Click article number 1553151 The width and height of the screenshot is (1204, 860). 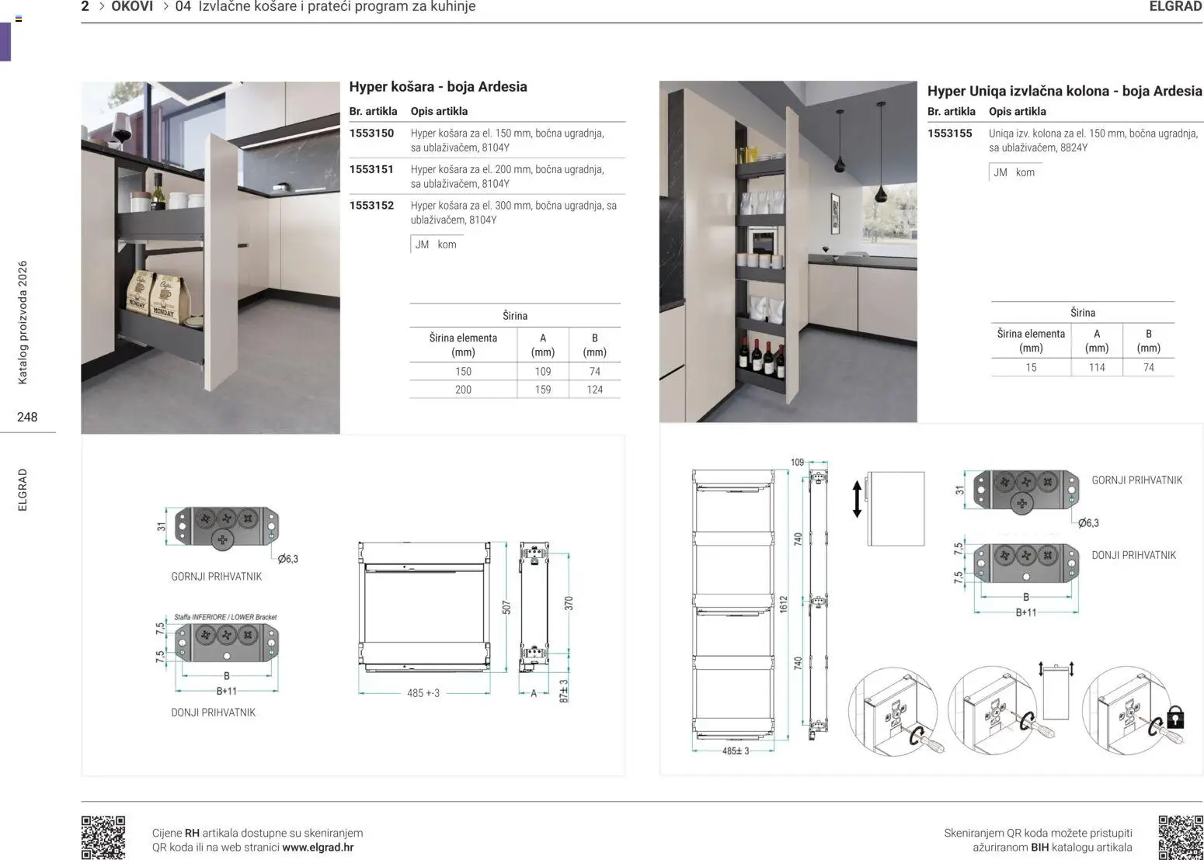(371, 169)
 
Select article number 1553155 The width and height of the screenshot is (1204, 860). (950, 134)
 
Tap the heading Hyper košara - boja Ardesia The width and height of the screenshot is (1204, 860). (438, 86)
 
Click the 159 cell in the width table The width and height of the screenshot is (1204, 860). (543, 390)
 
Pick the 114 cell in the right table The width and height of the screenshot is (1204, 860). (1097, 367)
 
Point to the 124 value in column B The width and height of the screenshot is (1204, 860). (594, 390)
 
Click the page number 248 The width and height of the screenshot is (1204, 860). (27, 417)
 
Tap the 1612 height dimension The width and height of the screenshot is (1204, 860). (783, 604)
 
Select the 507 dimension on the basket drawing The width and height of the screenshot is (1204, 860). (506, 608)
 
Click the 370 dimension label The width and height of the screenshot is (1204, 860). (569, 603)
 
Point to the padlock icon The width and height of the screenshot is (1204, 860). (1175, 717)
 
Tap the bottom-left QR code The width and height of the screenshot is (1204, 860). (103, 837)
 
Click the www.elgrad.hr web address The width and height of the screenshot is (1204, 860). (318, 847)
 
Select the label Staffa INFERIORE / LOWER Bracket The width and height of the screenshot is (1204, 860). (225, 616)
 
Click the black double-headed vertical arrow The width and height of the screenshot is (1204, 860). (857, 499)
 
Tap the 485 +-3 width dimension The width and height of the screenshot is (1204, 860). (423, 693)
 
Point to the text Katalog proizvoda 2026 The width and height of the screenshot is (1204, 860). (23, 322)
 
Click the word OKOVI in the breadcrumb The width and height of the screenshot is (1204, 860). (132, 6)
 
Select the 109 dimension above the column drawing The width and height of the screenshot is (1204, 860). (797, 462)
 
